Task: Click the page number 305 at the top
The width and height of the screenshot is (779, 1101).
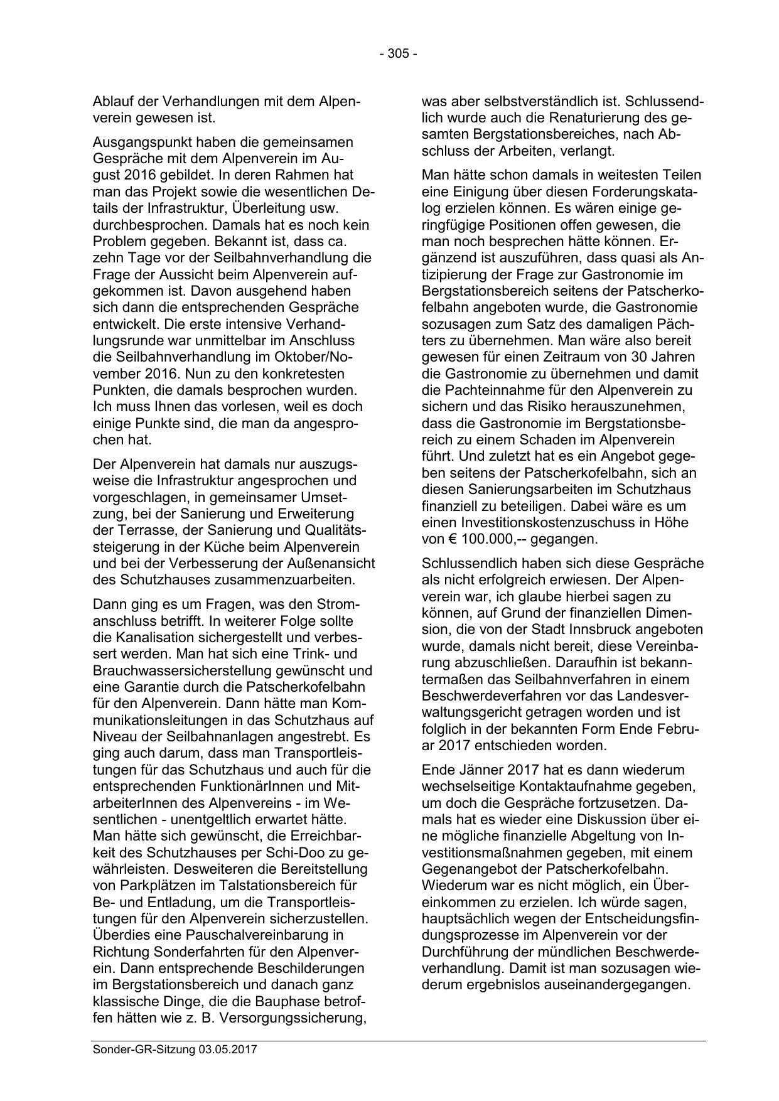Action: pos(398,54)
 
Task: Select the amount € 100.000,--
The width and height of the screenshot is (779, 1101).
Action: pos(475,539)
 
